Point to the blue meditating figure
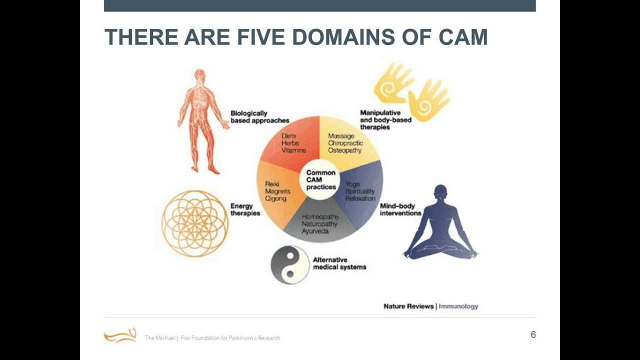pyautogui.click(x=440, y=223)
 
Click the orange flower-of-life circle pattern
pyautogui.click(x=195, y=223)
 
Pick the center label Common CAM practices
pyautogui.click(x=320, y=180)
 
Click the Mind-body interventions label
pyautogui.click(x=400, y=209)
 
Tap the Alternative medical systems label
pyautogui.click(x=339, y=263)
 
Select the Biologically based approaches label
pyautogui.click(x=259, y=117)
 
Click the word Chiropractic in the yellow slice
pyautogui.click(x=345, y=143)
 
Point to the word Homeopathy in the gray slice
pyautogui.click(x=320, y=217)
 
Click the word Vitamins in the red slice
pyautogui.click(x=293, y=150)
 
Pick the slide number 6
pyautogui.click(x=533, y=335)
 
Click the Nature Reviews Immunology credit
pyautogui.click(x=430, y=306)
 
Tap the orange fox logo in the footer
pyautogui.click(x=120, y=335)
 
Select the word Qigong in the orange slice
pyautogui.click(x=275, y=198)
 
